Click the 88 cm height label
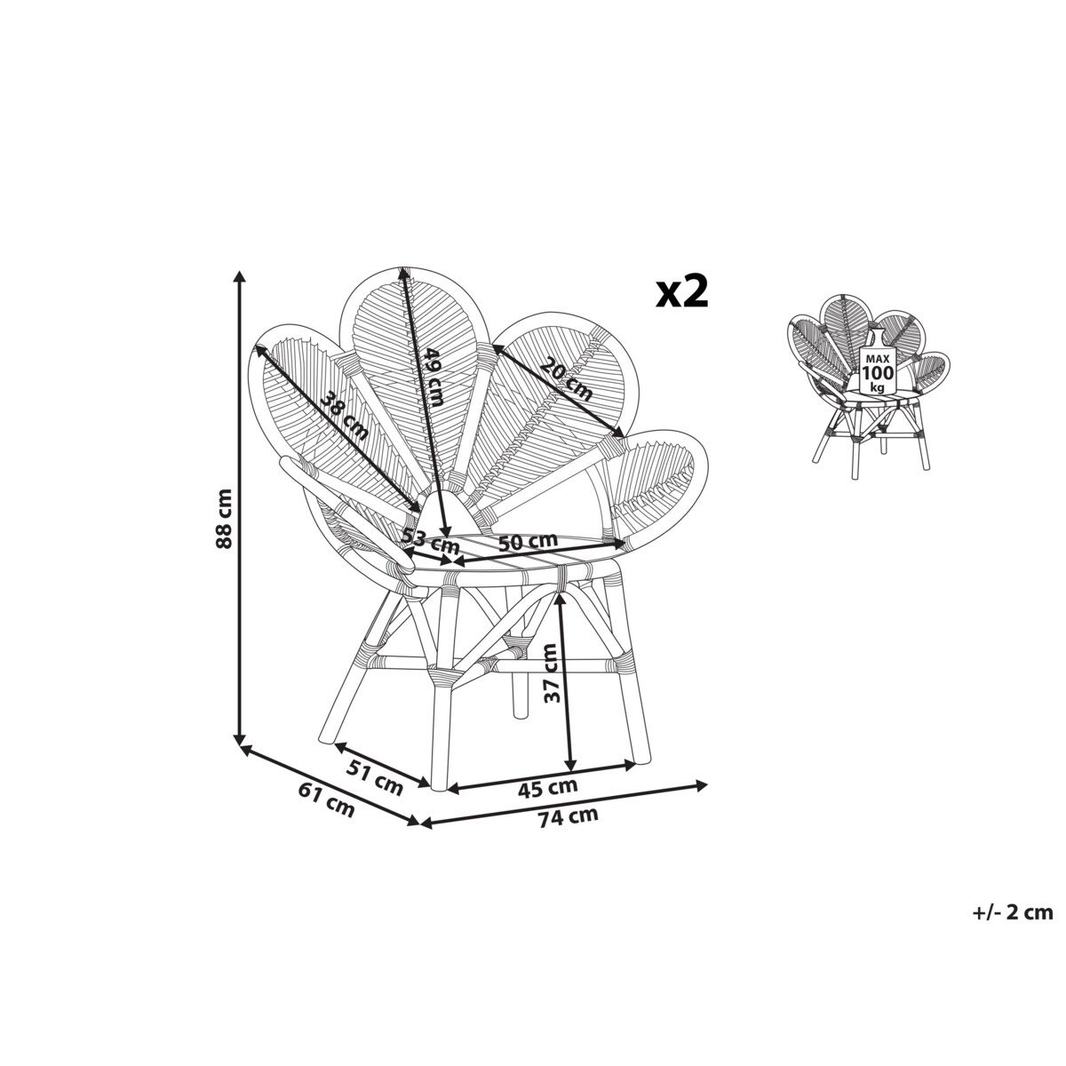224,510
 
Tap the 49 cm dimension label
433,385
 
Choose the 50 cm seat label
528,542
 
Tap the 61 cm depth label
326,807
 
